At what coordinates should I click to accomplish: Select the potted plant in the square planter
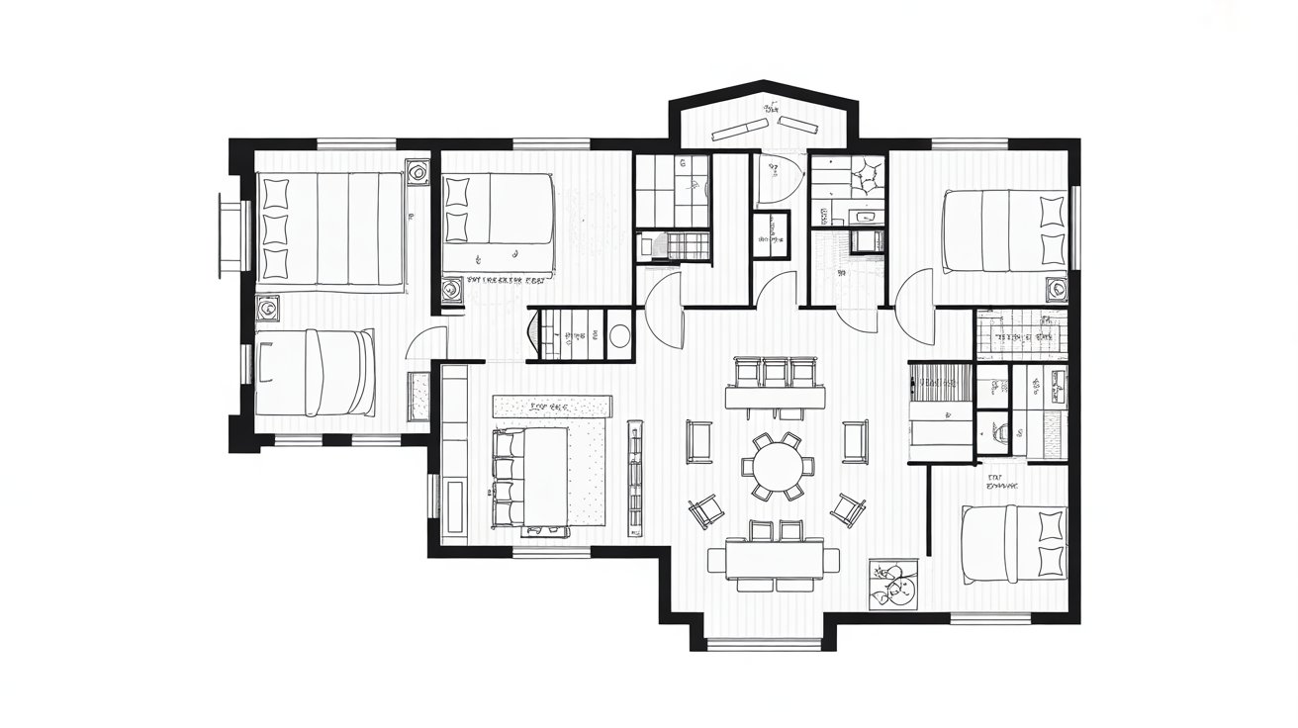[x=893, y=585]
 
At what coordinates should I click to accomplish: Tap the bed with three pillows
[x=331, y=229]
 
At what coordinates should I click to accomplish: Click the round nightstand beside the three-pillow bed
[x=417, y=173]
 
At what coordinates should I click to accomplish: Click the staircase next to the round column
[x=567, y=334]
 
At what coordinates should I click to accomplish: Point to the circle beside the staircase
[x=619, y=335]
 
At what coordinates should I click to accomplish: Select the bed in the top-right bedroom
[x=1002, y=231]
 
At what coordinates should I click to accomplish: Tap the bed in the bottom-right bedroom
[x=1014, y=544]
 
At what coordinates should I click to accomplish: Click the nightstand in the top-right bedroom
[x=1057, y=288]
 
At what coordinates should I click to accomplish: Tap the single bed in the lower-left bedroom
[x=316, y=373]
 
